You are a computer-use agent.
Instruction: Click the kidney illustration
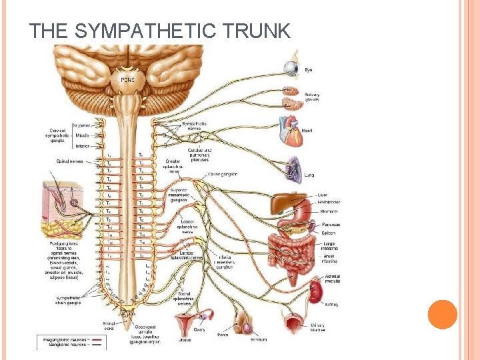tap(314, 292)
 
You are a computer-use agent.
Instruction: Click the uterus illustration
tap(183, 325)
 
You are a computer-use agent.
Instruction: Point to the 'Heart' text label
tap(307, 131)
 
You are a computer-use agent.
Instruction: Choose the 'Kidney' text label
tap(331, 304)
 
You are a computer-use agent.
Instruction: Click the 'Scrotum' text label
tap(259, 339)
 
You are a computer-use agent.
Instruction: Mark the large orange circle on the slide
tap(442, 315)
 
